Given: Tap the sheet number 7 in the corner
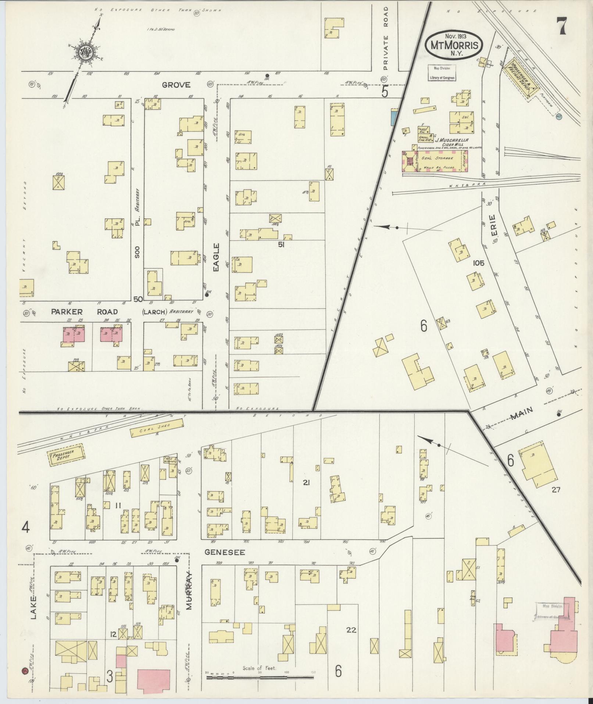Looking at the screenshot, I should click(x=561, y=26).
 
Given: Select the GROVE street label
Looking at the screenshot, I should click(x=176, y=85).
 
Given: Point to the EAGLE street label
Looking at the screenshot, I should click(x=216, y=257).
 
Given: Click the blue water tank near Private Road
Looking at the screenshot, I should click(x=394, y=117).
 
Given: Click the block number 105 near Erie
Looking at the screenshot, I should click(x=479, y=263).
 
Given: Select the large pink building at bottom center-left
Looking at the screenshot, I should click(x=154, y=682).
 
